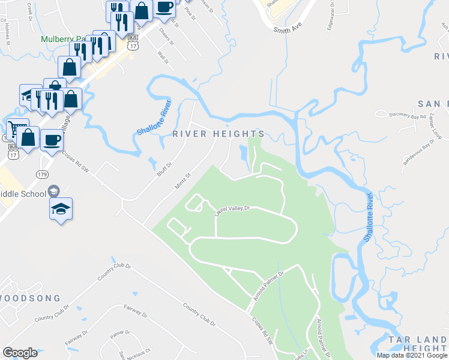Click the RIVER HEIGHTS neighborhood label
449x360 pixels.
218,134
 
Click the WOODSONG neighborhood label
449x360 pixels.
30,298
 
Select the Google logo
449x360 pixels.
20,352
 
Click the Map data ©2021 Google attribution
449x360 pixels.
412,355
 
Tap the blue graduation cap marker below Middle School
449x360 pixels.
60,209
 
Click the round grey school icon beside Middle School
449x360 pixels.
53,191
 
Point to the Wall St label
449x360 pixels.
160,58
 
